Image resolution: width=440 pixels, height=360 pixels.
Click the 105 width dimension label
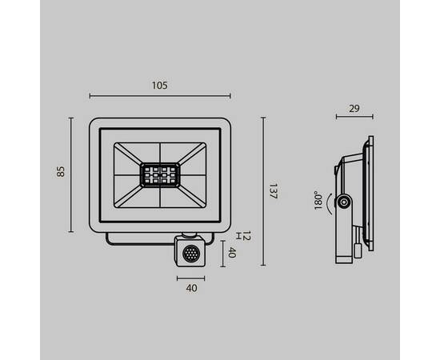[x=160, y=84]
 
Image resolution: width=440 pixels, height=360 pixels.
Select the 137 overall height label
[x=273, y=192]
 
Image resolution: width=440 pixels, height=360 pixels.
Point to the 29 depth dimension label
[x=354, y=107]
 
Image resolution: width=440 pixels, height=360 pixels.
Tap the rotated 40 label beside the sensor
[x=233, y=253]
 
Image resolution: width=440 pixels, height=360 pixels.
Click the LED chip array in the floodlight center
[x=160, y=174]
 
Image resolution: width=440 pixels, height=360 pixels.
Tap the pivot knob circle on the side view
[x=344, y=203]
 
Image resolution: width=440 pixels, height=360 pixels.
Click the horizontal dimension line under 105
[x=160, y=95]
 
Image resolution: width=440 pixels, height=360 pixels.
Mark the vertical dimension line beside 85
[x=72, y=174]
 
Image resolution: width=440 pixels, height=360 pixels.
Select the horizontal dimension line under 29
[x=354, y=118]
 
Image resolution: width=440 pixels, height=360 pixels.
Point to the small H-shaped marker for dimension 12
[x=238, y=234]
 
